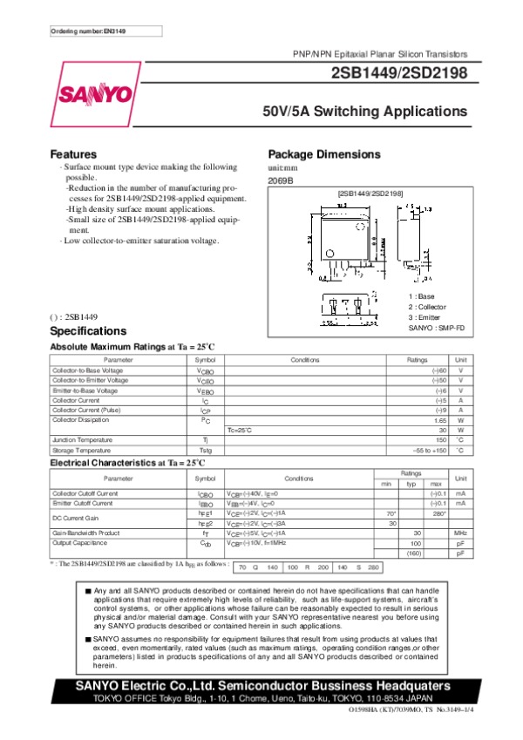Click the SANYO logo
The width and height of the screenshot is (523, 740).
pyautogui.click(x=95, y=93)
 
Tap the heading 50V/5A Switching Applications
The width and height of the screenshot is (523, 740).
pyautogui.click(x=365, y=112)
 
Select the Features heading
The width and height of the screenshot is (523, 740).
pyautogui.click(x=73, y=154)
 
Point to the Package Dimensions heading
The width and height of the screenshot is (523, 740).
pyautogui.click(x=324, y=154)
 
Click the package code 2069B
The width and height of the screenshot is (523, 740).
pyautogui.click(x=281, y=180)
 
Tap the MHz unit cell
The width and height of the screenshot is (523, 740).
pyautogui.click(x=461, y=532)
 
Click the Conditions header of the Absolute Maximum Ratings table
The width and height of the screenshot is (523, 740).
pyautogui.click(x=305, y=360)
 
